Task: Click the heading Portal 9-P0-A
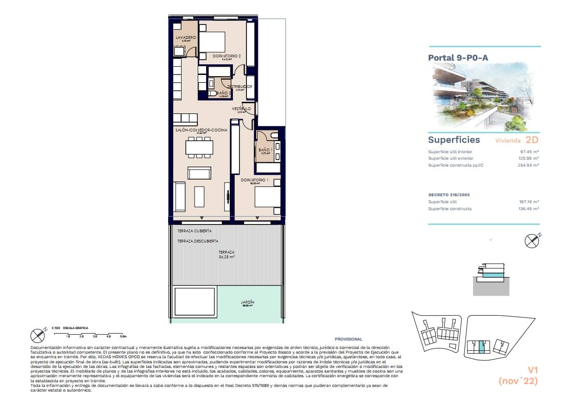(x=458, y=58)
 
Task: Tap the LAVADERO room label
(x=184, y=37)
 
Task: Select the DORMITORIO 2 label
(x=227, y=56)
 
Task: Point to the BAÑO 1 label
(x=265, y=150)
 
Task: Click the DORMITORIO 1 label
(x=254, y=180)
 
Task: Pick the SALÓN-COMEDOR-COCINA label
(x=201, y=131)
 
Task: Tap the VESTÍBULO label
(x=241, y=109)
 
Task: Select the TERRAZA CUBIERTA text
(x=194, y=230)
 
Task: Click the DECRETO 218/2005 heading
(x=449, y=195)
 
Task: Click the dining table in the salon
(x=199, y=147)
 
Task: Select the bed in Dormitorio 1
(x=267, y=199)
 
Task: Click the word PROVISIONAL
(x=348, y=339)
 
